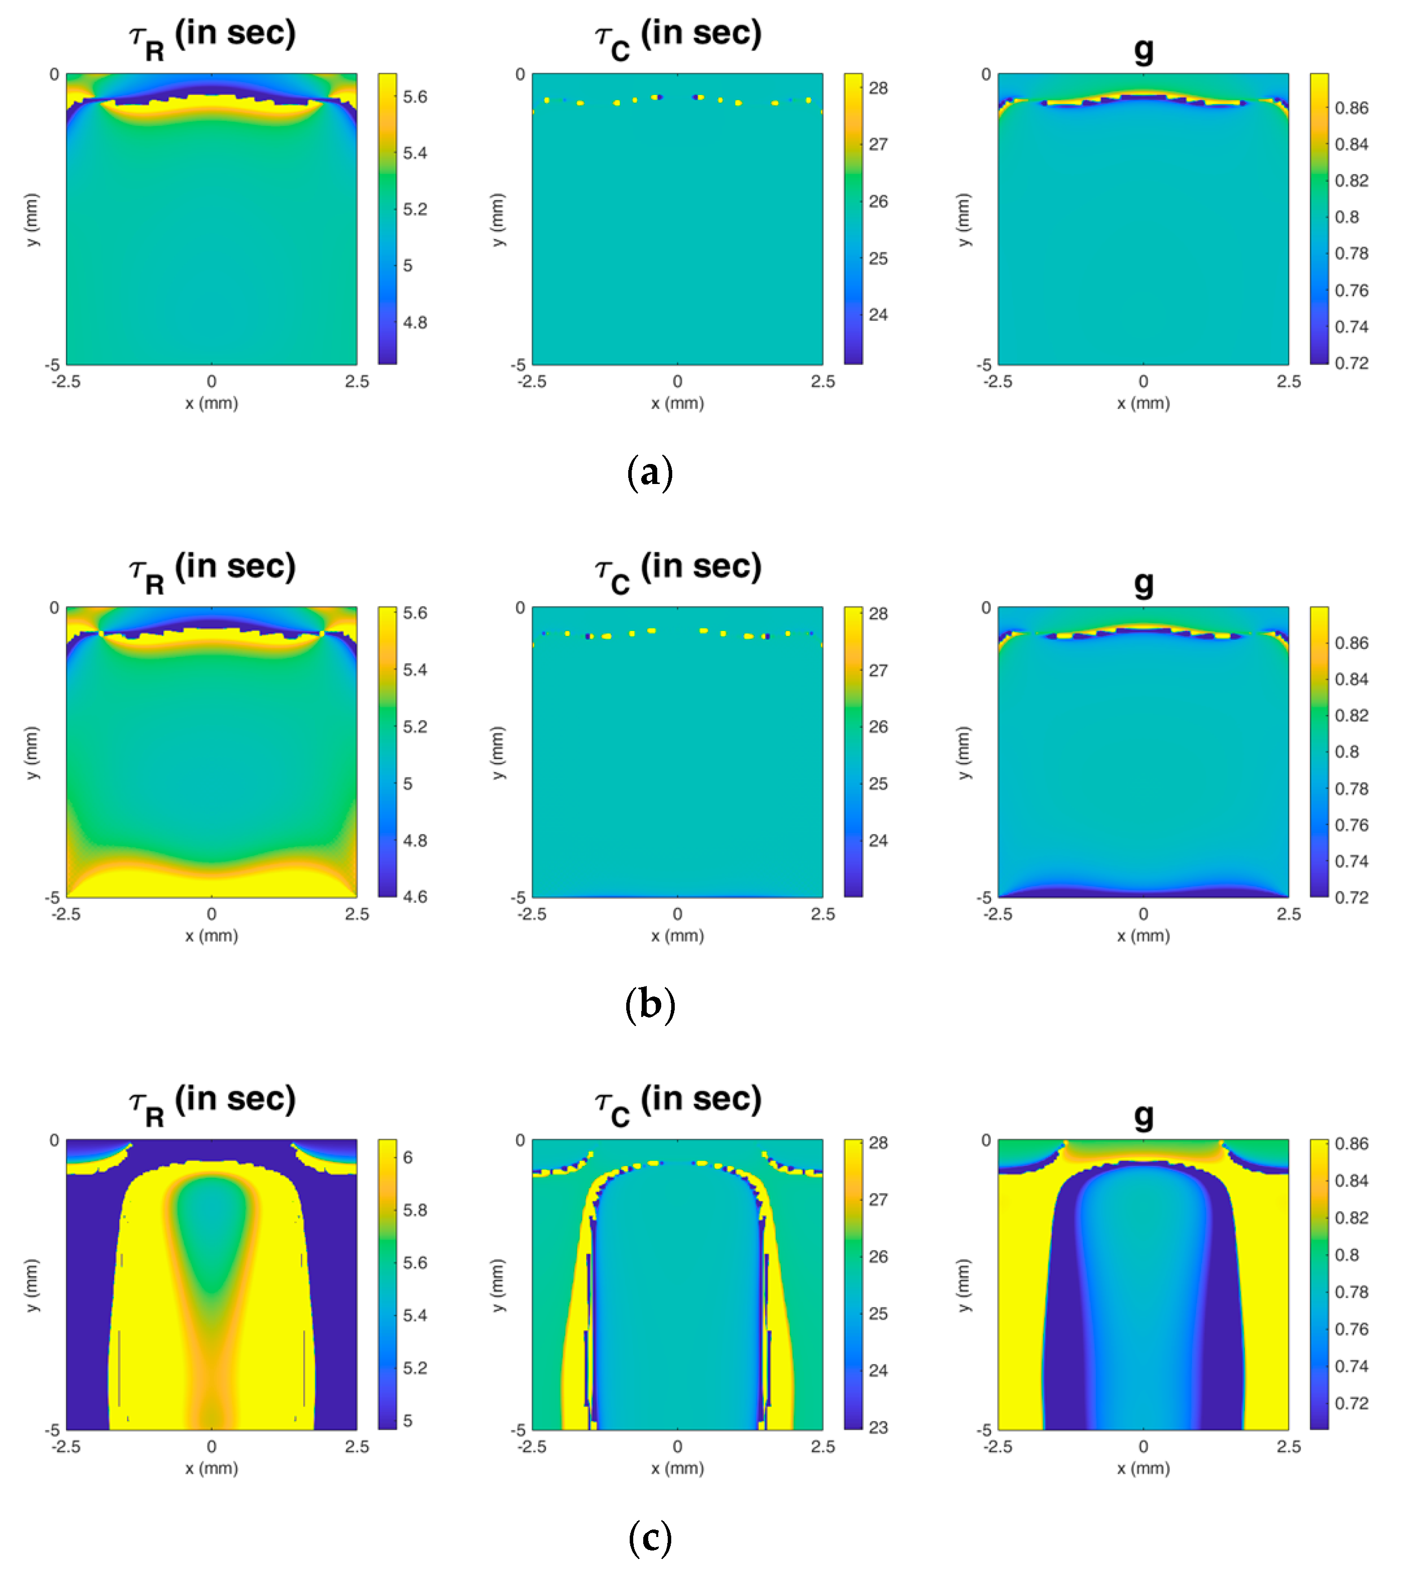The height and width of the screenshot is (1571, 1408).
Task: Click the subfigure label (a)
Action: click(650, 472)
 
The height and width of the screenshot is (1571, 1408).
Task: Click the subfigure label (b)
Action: click(650, 1005)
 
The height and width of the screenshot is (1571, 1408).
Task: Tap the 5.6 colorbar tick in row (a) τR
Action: click(415, 96)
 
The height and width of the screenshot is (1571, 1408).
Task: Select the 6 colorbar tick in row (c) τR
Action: click(408, 1157)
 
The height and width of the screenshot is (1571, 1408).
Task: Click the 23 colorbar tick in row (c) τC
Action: click(877, 1427)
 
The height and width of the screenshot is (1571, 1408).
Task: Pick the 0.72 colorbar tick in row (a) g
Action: click(1351, 363)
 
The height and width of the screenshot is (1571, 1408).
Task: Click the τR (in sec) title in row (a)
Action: click(212, 37)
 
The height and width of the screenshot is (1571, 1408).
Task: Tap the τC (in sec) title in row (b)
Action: click(678, 570)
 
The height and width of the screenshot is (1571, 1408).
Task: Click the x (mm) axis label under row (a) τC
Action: click(678, 403)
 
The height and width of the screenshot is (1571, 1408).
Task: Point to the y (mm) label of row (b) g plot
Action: click(963, 752)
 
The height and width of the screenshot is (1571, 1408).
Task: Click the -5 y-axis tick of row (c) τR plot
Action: click(52, 1429)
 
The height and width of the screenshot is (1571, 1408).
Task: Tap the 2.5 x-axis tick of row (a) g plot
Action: click(1288, 381)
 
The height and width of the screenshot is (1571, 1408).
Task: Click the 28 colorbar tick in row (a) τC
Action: click(877, 88)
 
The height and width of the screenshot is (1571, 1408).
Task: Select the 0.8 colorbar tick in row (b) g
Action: click(1346, 752)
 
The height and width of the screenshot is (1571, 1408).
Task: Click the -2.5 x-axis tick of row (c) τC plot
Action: click(532, 1446)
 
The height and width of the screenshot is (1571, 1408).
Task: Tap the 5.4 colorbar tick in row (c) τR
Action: click(415, 1315)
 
